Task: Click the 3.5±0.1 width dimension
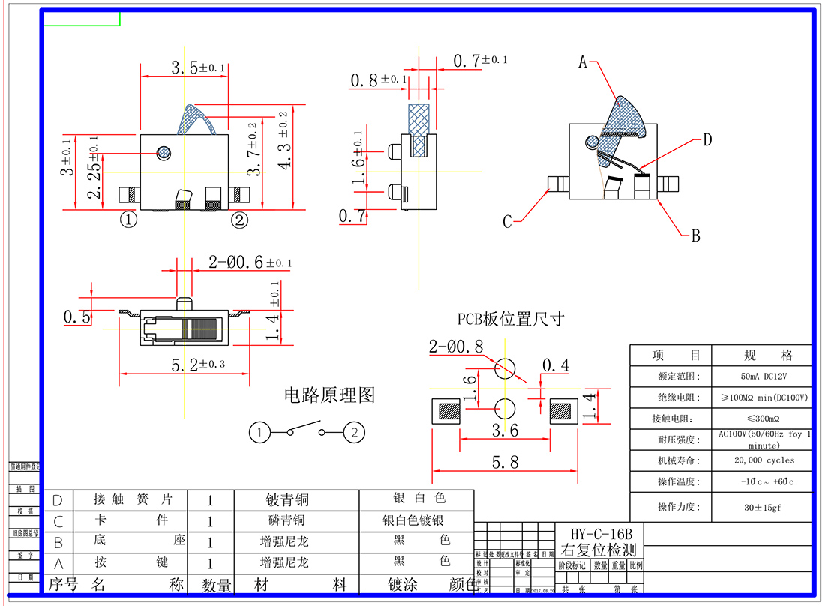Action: [x=197, y=67]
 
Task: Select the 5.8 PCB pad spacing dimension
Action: [x=505, y=462]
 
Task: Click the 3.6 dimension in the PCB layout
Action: [x=504, y=430]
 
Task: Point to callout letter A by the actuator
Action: [x=582, y=63]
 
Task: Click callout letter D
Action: [x=706, y=139]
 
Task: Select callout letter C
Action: [x=507, y=222]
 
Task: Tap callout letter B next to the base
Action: [x=695, y=235]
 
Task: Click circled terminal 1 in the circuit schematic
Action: [x=259, y=432]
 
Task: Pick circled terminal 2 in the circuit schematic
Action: [x=354, y=432]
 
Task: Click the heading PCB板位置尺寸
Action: [x=511, y=319]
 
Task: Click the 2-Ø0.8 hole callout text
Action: [x=456, y=346]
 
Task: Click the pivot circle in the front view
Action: [x=163, y=153]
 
